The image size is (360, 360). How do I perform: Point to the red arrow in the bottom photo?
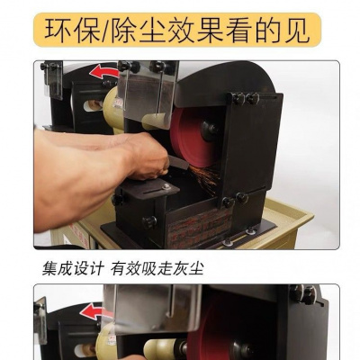94,311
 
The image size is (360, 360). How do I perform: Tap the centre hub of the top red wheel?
209,130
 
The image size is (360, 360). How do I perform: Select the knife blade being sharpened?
178,162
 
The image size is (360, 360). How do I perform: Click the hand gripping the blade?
148,156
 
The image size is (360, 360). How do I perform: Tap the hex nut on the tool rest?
166,187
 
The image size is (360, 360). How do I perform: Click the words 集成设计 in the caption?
73,268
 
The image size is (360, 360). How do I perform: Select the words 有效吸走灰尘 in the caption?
157,268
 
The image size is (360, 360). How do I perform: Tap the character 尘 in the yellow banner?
150,31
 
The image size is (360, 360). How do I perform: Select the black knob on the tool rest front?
149,222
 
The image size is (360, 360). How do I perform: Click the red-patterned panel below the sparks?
199,227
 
